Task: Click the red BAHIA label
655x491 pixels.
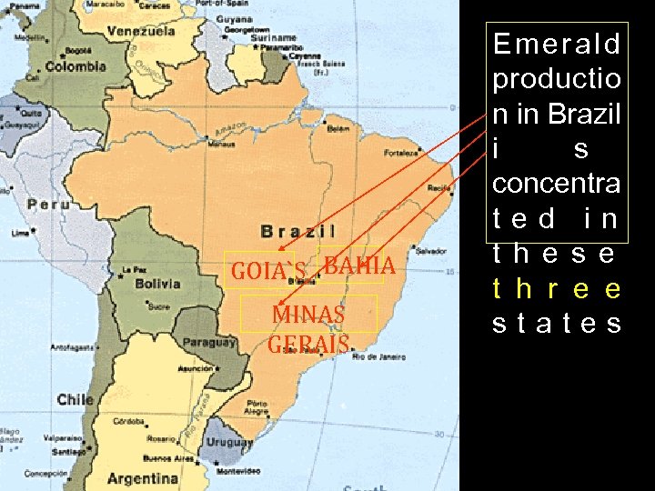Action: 358,266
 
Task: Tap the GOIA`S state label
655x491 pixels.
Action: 268,271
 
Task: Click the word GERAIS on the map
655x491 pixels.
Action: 308,345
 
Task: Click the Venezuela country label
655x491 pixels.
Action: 142,31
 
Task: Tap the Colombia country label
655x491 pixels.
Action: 76,66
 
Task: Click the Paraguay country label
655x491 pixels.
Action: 209,343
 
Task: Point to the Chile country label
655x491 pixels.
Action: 75,399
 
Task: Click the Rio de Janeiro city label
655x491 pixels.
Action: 378,357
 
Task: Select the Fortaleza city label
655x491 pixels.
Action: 401,152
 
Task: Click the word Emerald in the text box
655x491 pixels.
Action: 557,44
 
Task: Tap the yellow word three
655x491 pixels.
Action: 557,289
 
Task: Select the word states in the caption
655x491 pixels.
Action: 557,324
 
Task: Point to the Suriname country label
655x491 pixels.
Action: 276,39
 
